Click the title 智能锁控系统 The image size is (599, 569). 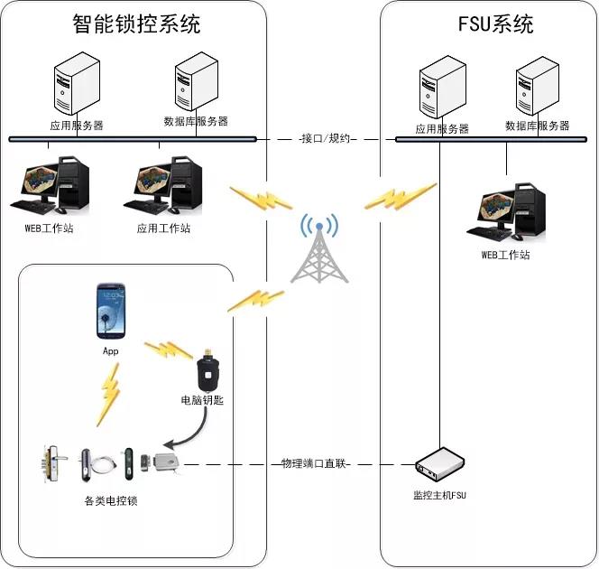pyautogui.click(x=136, y=24)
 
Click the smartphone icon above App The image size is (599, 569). pyautogui.click(x=110, y=312)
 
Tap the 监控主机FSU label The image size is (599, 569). pyautogui.click(x=439, y=495)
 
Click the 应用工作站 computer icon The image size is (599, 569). pyautogui.click(x=163, y=185)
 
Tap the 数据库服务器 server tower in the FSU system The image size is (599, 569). pyautogui.click(x=537, y=89)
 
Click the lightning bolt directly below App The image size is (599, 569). pyautogui.click(x=109, y=398)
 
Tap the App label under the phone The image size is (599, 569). pyautogui.click(x=110, y=350)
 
